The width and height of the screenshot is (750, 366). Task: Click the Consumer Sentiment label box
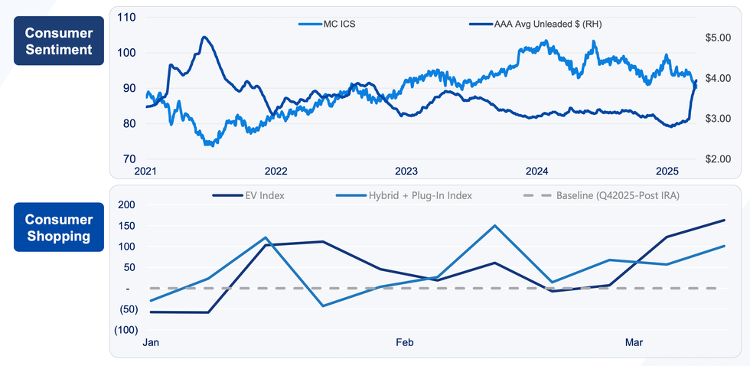[58, 42]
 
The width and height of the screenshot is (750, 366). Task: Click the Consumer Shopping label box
[58, 227]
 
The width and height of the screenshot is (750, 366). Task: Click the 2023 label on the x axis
[406, 170]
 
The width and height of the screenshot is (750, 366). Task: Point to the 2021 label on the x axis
[145, 170]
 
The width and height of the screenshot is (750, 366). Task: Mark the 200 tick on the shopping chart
[125, 205]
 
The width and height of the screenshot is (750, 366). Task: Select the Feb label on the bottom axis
[405, 343]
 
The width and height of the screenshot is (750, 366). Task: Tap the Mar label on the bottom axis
[634, 343]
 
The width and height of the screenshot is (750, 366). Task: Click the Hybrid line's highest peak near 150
[494, 226]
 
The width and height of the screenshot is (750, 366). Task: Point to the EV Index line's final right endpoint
[724, 221]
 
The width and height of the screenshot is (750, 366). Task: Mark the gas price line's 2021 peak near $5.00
[204, 37]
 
